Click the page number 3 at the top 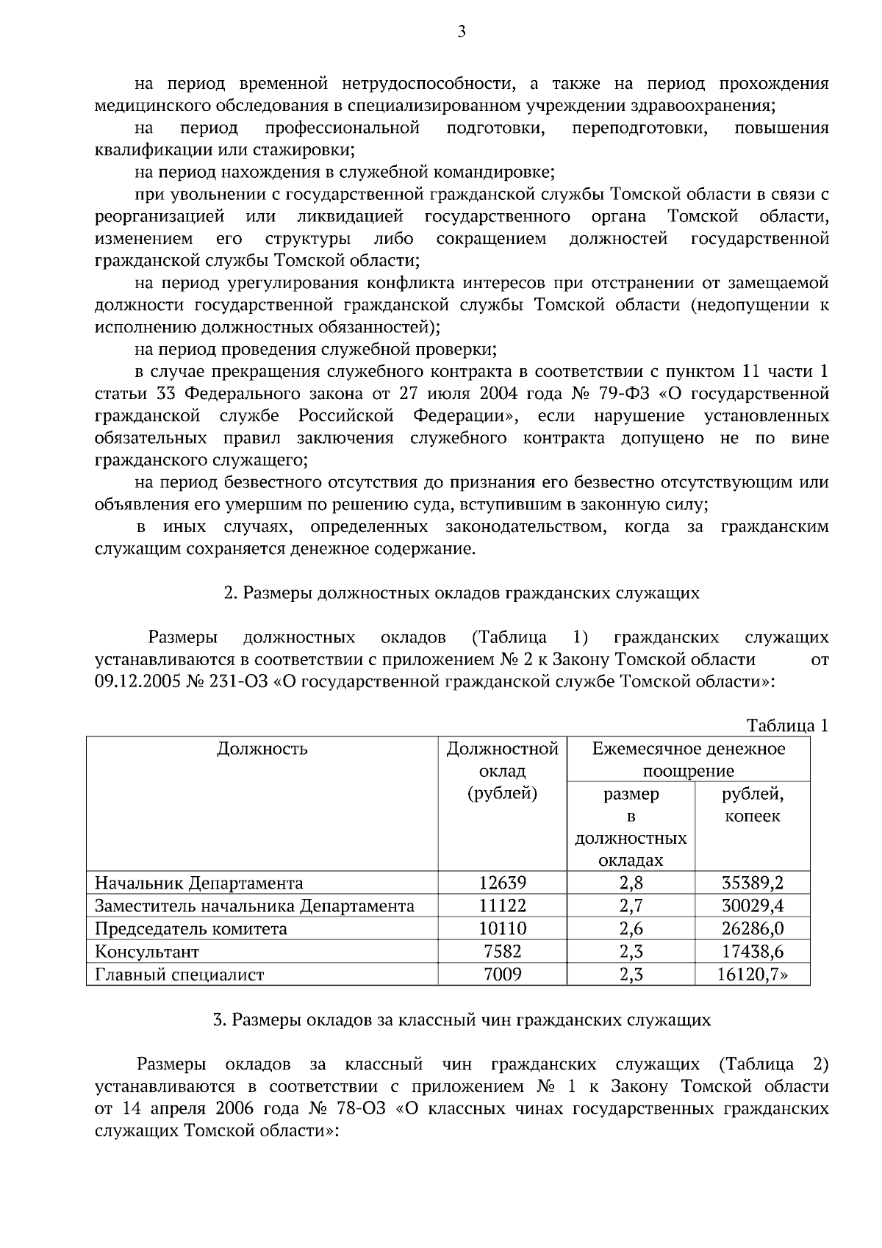point(462,31)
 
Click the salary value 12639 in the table point(502,883)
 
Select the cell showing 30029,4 point(752,905)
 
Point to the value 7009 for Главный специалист point(502,975)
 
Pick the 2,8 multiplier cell point(631,883)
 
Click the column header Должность point(262,749)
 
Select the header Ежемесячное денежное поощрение point(688,760)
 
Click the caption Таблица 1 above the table point(787,725)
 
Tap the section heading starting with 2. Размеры point(462,593)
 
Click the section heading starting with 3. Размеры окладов point(462,1020)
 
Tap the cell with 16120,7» point(752,975)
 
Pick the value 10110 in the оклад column point(502,929)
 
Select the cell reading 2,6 point(631,929)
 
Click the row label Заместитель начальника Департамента point(254,905)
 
